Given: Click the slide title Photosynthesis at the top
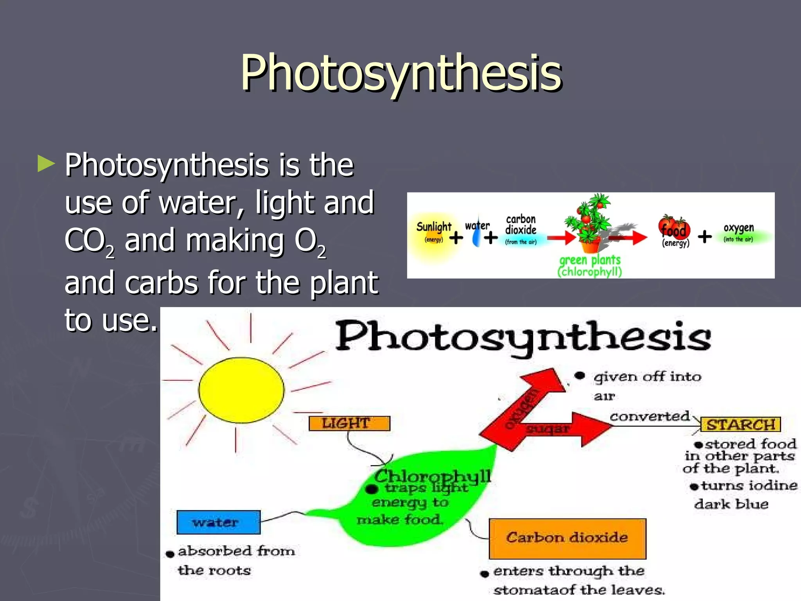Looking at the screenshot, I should tap(401, 73).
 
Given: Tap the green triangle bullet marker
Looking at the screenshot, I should tap(46, 164).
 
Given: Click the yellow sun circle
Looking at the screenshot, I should tap(241, 390).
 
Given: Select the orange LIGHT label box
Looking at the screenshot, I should tap(349, 423).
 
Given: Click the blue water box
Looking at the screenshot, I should tap(218, 522).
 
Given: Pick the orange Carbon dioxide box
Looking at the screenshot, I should tap(567, 538).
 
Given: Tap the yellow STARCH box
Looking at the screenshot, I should tap(741, 425).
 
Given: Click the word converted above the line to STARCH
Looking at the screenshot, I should tap(649, 416).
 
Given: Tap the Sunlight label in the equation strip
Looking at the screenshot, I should tap(433, 227).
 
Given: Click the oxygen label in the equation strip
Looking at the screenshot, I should tap(738, 228).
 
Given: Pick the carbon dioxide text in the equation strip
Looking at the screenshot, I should tap(521, 225).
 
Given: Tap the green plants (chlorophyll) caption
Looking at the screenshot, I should tap(590, 266).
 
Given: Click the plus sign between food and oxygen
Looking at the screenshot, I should tap(705, 236).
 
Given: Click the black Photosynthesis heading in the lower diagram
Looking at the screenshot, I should tap(523, 337).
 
